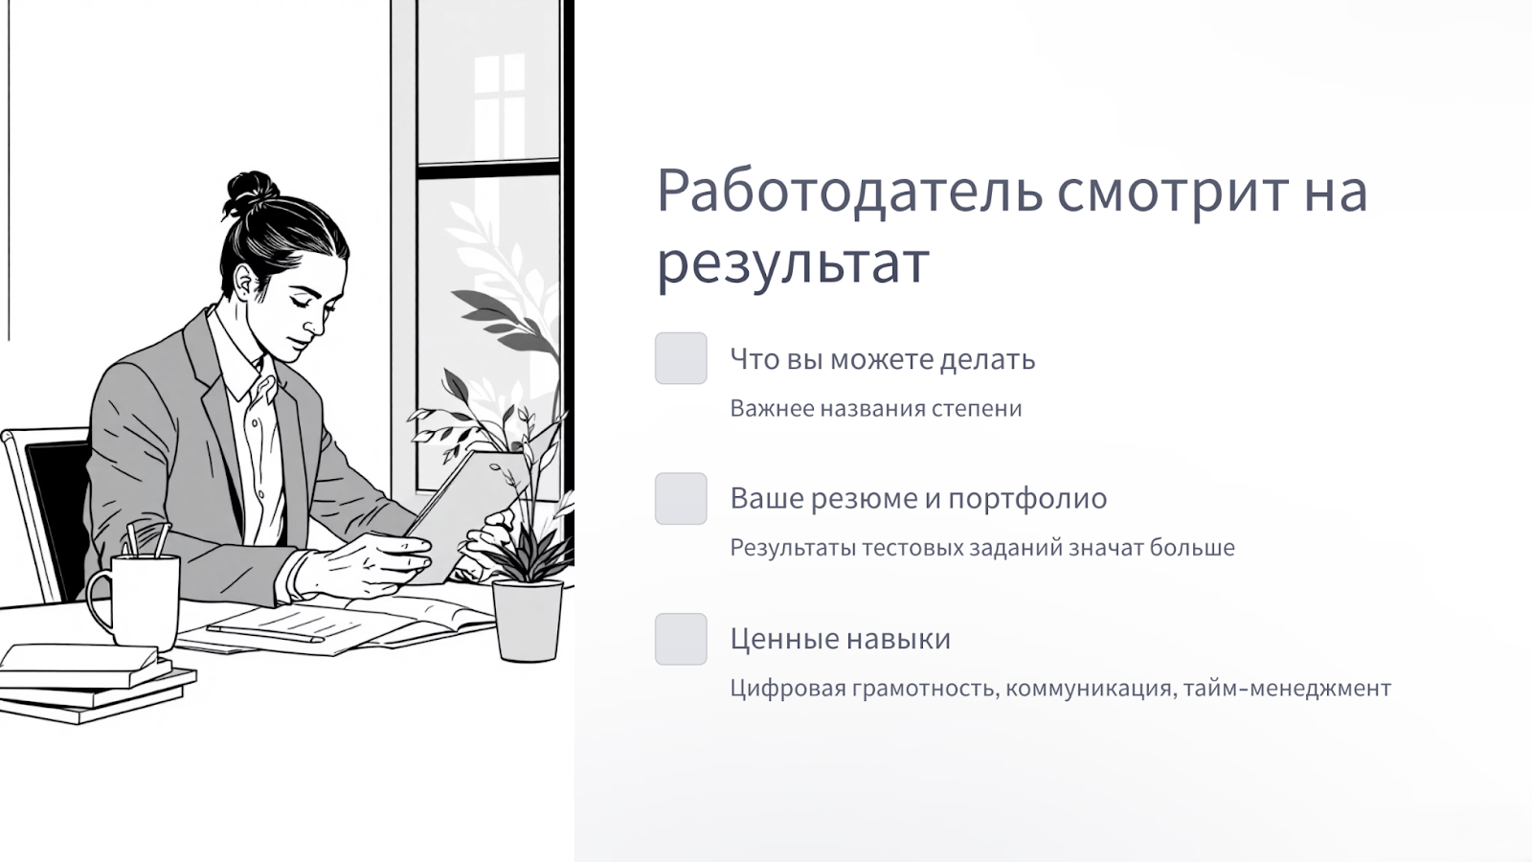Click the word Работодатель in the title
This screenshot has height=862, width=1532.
pos(850,192)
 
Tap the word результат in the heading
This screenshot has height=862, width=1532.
pos(794,262)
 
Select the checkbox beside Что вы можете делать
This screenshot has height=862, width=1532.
pos(681,358)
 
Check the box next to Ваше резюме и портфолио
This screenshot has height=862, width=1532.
pos(681,499)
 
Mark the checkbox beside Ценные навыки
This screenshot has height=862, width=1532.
pos(681,639)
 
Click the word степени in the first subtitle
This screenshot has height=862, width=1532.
pos(977,409)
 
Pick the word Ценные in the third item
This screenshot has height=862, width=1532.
pos(784,639)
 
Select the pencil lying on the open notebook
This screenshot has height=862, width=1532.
pos(264,633)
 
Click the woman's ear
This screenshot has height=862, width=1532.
pos(245,282)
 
